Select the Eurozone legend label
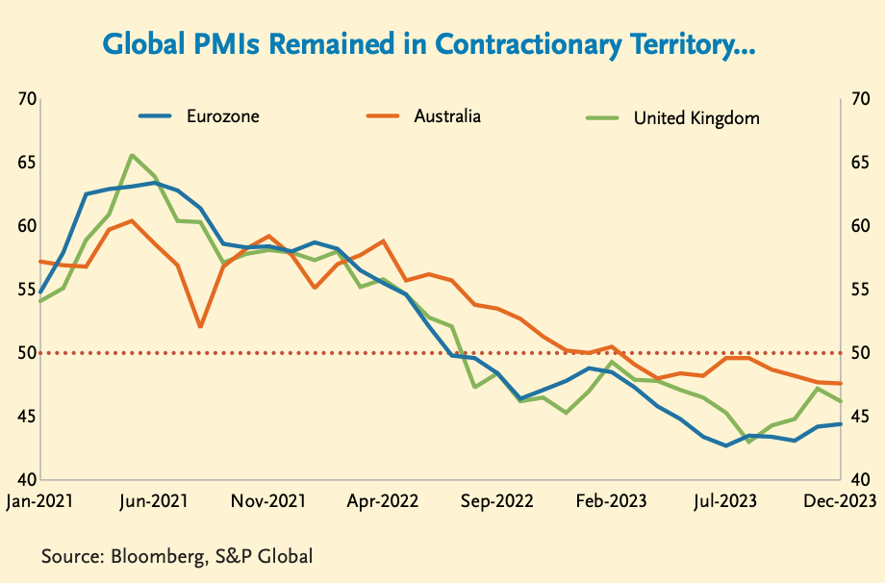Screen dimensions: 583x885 (223, 116)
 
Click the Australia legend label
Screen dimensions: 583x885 (447, 116)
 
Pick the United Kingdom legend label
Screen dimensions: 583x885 (696, 119)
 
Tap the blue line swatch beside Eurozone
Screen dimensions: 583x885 (156, 116)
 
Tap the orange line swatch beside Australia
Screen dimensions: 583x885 (383, 116)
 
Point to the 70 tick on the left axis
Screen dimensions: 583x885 (27, 99)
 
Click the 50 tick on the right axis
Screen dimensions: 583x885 (859, 353)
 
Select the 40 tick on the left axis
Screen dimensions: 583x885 (27, 480)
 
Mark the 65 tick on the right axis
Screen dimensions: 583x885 (859, 163)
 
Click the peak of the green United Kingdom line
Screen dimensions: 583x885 (132, 155)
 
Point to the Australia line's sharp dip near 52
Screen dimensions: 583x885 (200, 327)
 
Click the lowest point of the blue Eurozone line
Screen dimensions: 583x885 (726, 445)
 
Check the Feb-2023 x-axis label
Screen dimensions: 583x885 (612, 502)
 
